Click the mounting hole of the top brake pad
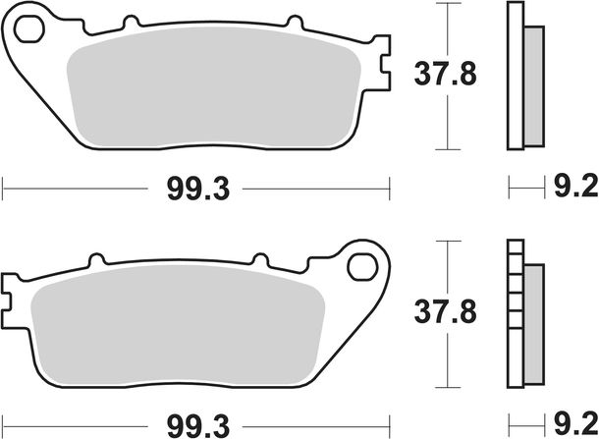29,28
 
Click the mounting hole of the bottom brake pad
362,267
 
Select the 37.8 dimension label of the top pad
446,74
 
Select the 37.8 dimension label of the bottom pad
446,312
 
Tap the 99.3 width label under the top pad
198,190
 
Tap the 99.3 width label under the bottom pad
198,426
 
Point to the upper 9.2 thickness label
576,187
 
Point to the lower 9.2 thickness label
576,424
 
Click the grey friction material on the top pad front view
214,87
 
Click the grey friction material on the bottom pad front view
178,325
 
